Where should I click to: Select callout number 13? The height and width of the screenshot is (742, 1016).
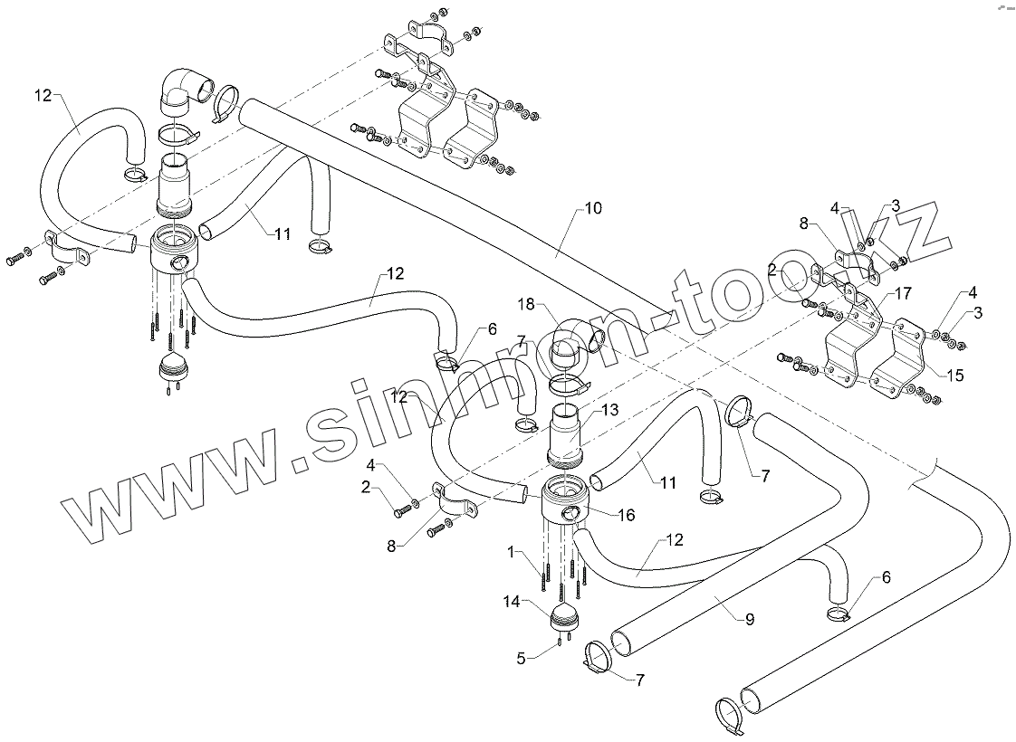click(x=609, y=409)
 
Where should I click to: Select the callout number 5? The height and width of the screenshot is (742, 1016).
click(x=520, y=658)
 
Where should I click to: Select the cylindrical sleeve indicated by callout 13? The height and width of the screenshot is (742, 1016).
click(x=570, y=433)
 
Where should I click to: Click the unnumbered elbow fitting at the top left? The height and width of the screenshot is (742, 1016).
click(x=185, y=90)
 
